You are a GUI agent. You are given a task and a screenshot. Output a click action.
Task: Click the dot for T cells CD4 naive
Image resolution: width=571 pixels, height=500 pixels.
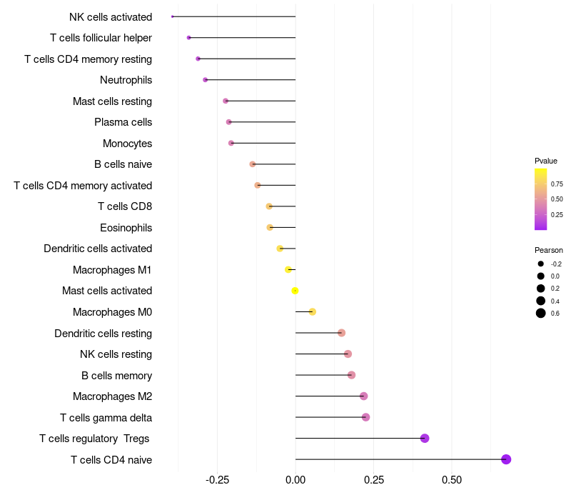(506, 459)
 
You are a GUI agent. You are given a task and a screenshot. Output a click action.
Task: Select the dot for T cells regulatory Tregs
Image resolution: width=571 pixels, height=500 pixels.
(425, 439)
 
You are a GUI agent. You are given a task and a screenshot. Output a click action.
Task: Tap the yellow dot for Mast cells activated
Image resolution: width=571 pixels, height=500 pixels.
(295, 291)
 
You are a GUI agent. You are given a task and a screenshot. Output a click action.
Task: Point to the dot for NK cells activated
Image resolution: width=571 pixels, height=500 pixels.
(173, 16)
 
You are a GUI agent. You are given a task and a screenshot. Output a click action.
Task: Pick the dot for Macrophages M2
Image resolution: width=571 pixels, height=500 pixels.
(364, 396)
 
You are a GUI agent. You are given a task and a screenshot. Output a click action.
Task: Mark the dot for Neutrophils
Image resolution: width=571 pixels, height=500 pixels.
(206, 80)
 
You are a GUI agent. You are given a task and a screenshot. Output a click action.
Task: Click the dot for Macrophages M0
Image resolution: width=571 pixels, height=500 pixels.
(313, 311)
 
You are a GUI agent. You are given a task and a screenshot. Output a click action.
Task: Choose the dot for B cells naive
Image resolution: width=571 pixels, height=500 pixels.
(253, 164)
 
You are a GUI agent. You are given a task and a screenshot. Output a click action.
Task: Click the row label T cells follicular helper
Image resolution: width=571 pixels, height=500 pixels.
(101, 38)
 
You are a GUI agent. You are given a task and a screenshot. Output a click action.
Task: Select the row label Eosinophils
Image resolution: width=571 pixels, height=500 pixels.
(126, 228)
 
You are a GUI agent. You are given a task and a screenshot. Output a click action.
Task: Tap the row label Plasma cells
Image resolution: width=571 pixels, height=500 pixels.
(123, 122)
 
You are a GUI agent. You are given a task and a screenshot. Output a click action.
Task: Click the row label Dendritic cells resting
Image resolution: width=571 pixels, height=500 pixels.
(103, 333)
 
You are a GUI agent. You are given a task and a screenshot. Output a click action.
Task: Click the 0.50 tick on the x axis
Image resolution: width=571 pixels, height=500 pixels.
(452, 480)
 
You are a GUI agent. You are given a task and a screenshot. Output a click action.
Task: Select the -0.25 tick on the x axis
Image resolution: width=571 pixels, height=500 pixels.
(217, 480)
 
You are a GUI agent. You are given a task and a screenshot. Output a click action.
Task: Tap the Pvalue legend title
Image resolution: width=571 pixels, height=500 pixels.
(546, 161)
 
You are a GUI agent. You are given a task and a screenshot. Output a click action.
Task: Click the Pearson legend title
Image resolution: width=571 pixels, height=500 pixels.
(549, 250)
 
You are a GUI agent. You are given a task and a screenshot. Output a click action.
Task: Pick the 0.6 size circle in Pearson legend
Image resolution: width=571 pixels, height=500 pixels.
(541, 313)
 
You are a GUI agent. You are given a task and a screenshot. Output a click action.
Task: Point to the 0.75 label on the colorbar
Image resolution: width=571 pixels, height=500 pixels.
(557, 184)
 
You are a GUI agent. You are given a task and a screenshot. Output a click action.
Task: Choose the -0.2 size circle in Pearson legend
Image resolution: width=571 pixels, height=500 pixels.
(541, 264)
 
